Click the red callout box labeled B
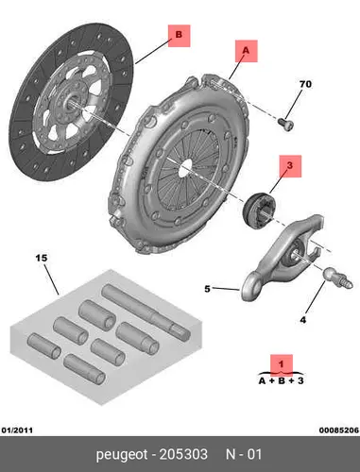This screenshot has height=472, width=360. pyautogui.click(x=179, y=36)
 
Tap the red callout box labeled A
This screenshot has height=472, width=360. pyautogui.click(x=247, y=51)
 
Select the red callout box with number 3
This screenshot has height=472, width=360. pyautogui.click(x=290, y=166)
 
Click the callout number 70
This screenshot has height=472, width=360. pyautogui.click(x=305, y=84)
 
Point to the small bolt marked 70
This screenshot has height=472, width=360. pyautogui.click(x=286, y=123)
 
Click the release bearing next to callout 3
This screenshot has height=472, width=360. pyautogui.click(x=258, y=210)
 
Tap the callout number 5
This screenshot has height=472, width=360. pyautogui.click(x=207, y=289)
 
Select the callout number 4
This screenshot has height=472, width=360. pyautogui.click(x=302, y=320)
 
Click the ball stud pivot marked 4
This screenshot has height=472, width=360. pyautogui.click(x=337, y=278)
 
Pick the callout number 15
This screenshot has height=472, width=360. pyautogui.click(x=42, y=258)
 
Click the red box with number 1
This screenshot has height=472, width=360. pyautogui.click(x=282, y=365)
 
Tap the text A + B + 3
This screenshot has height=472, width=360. pyautogui.click(x=282, y=380)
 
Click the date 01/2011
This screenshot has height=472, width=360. pyautogui.click(x=17, y=430)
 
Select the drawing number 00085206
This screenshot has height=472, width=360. pyautogui.click(x=339, y=430)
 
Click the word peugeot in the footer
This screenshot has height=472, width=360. pyautogui.click(x=122, y=455)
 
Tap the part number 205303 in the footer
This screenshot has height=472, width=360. pyautogui.click(x=183, y=454)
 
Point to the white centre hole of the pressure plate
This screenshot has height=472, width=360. pyautogui.click(x=185, y=166)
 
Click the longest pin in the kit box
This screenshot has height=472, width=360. pyautogui.click(x=146, y=312)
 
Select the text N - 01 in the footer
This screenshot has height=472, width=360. pyautogui.click(x=244, y=454)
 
